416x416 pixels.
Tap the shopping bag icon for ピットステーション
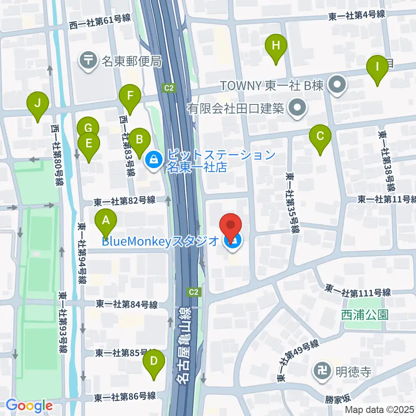pyautogui.click(x=153, y=160)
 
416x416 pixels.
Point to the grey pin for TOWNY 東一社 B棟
pyautogui.click(x=337, y=85)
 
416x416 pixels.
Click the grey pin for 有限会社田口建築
pyautogui.click(x=297, y=107)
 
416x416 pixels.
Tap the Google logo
pyautogui.click(x=29, y=406)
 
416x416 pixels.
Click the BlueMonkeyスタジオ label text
pyautogui.click(x=161, y=241)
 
